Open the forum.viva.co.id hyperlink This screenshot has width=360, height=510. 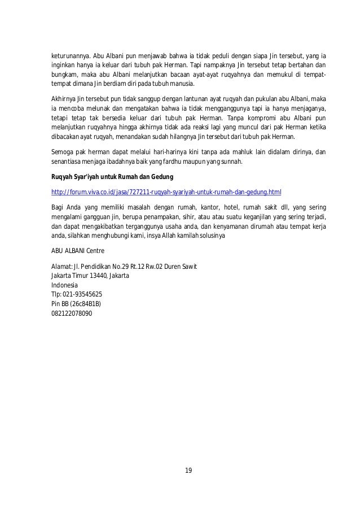pos(166,191)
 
